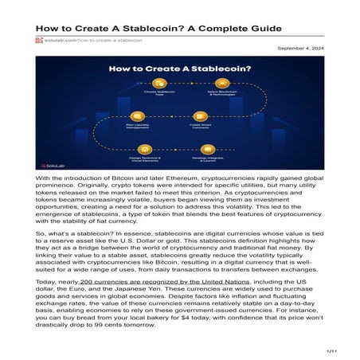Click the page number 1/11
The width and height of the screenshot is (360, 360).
point(332,350)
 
